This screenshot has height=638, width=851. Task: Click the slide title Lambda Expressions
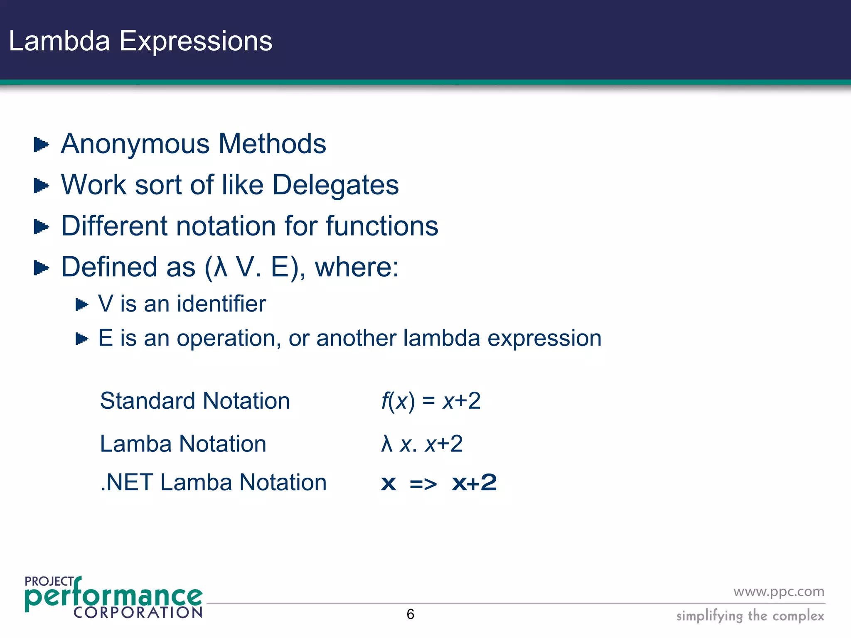pos(140,42)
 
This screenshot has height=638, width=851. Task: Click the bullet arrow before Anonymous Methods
pos(41,145)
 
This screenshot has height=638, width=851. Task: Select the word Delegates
pos(335,185)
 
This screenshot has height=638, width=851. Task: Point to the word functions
pos(382,226)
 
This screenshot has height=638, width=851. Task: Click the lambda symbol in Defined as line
pos(220,267)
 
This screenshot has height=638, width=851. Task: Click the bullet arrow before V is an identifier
pos(82,305)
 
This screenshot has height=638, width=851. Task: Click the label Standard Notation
pos(195,401)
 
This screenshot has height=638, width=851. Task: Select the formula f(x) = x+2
pos(431,401)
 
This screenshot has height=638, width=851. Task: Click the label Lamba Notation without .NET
pos(183,444)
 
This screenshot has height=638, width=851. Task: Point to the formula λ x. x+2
pos(422,444)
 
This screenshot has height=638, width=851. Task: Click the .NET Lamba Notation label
pos(214,482)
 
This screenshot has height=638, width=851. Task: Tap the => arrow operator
pos(423,484)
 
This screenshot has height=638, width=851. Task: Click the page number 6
pos(411,614)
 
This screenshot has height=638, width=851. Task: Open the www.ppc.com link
pos(779,591)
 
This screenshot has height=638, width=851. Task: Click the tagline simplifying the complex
pos(750,616)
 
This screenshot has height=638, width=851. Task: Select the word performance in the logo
pos(113,596)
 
